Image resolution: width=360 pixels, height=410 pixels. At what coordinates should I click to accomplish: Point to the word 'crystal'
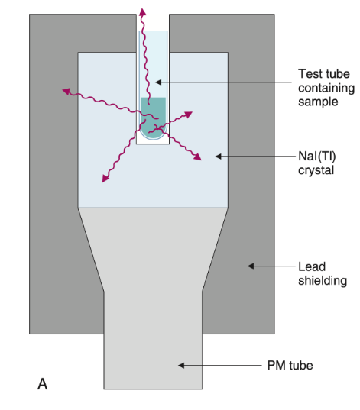[x=316, y=170]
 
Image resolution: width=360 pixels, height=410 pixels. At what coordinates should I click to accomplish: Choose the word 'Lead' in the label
[x=310, y=266]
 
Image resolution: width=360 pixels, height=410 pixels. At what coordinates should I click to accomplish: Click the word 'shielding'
[x=322, y=280]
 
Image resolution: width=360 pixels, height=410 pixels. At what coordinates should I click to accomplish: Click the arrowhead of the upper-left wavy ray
[x=66, y=91]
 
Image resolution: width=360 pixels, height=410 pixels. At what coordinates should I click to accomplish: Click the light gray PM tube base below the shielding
[x=153, y=359]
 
